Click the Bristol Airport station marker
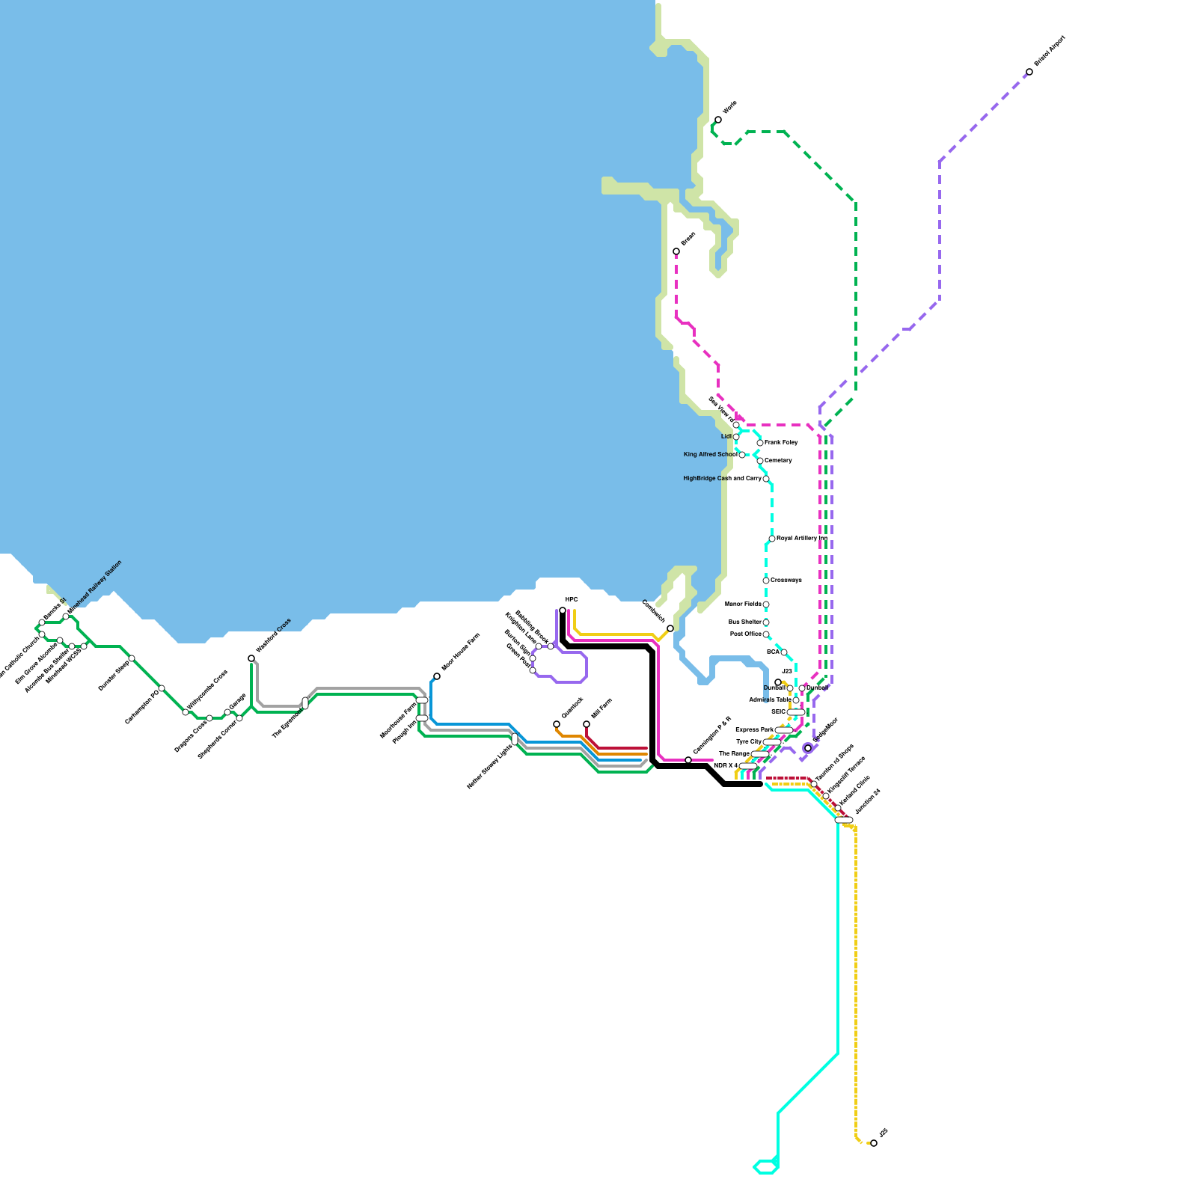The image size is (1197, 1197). (x=1029, y=72)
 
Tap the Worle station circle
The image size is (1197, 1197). (x=718, y=120)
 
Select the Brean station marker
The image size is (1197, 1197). (x=676, y=251)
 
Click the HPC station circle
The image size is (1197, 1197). (x=563, y=610)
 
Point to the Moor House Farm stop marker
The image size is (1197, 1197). (x=437, y=676)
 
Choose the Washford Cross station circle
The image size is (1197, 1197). (x=251, y=658)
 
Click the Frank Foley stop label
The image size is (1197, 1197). (x=781, y=443)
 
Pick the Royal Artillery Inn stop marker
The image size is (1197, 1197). (x=772, y=539)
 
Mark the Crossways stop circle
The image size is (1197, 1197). (x=766, y=581)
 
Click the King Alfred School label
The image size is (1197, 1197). (x=710, y=455)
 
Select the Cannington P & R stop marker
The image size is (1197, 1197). (x=688, y=760)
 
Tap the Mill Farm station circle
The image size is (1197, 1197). (x=587, y=724)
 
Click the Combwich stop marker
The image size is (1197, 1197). (x=670, y=628)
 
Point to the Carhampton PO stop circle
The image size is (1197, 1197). (x=162, y=688)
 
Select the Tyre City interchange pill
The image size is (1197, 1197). (x=772, y=742)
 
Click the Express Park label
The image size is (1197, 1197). (x=754, y=730)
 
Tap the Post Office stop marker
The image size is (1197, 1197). (x=766, y=634)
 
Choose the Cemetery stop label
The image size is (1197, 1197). (x=778, y=461)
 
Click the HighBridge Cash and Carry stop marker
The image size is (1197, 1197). (x=766, y=479)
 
